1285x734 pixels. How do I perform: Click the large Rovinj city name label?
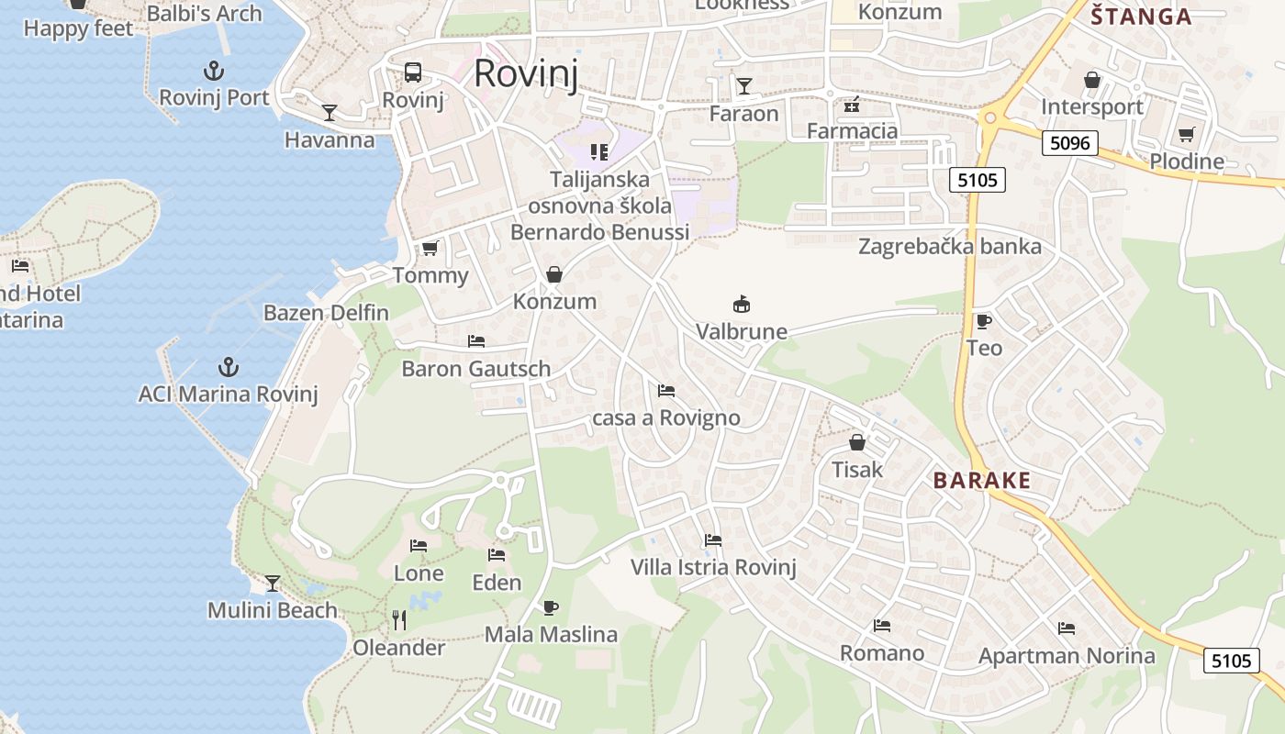[x=526, y=73]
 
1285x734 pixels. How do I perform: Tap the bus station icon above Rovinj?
[x=413, y=72]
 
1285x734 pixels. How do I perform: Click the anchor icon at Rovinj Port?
[x=214, y=70]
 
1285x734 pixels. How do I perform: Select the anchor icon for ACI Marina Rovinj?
[x=228, y=367]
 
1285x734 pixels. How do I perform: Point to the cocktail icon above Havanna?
[x=330, y=113]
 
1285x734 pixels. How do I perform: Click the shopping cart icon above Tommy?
[x=430, y=248]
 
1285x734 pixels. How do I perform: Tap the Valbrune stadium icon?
[x=742, y=304]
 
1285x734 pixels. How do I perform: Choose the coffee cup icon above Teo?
[x=984, y=321]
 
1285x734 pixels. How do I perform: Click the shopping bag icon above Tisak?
[x=857, y=443]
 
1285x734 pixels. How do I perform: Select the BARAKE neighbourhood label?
[x=982, y=481]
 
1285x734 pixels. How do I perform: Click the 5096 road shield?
[x=1070, y=143]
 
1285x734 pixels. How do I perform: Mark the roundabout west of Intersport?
[x=989, y=117]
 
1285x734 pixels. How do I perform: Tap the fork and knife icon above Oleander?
[x=399, y=620]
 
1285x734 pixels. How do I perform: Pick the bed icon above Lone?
[x=419, y=546]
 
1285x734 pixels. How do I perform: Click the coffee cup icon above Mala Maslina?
[x=551, y=607]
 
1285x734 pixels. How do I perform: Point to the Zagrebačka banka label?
[x=950, y=246]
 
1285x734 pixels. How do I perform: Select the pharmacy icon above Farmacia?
[x=852, y=104]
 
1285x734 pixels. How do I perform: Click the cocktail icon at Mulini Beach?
[x=273, y=584]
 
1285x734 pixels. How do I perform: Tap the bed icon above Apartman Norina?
[x=1067, y=628]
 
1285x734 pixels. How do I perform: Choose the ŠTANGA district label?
[x=1140, y=16]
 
